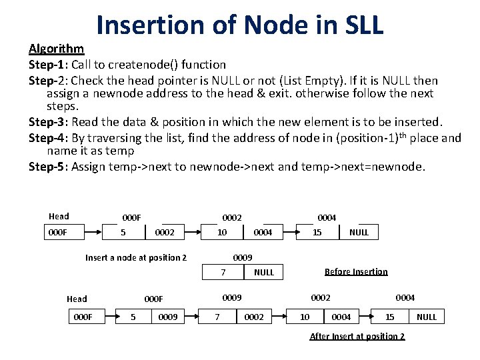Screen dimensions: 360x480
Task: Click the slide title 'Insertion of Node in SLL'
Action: point(240,25)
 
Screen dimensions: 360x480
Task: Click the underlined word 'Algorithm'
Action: point(56,49)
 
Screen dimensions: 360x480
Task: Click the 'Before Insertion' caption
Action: point(356,271)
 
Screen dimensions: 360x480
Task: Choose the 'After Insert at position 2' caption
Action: point(357,336)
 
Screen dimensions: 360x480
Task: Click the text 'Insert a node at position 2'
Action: point(136,257)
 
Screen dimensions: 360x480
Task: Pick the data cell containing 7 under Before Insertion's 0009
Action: point(223,272)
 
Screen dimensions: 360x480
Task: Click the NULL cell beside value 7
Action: point(264,272)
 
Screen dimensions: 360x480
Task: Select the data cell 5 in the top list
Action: point(123,232)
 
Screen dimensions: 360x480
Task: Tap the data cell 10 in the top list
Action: point(222,232)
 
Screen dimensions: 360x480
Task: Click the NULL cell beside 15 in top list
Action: point(359,232)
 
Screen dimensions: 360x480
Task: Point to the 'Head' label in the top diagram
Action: point(59,216)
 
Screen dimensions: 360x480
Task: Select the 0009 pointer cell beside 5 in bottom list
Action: point(167,317)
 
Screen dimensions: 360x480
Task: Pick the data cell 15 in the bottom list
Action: point(390,317)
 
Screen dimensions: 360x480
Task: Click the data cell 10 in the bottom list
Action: point(304,317)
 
